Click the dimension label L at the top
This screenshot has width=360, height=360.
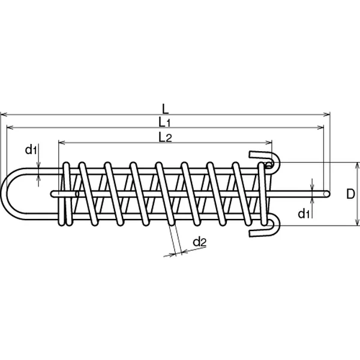coord(166,109)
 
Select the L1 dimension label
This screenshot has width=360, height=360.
coord(165,122)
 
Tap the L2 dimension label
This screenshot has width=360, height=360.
coord(166,137)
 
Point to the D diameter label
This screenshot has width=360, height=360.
coord(350,194)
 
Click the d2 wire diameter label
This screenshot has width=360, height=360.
coord(200,242)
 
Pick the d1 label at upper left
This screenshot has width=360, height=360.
coord(31,149)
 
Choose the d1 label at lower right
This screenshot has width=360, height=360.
coord(304,214)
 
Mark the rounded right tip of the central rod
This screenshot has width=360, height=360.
coord(328,194)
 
